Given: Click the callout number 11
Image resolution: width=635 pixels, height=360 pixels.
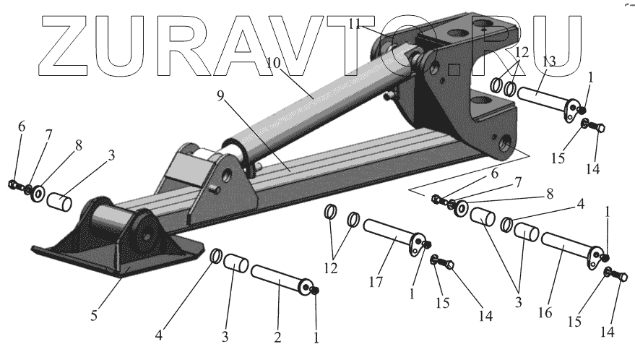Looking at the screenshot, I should [355, 24].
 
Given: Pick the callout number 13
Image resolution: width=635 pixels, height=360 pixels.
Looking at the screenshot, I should [548, 60].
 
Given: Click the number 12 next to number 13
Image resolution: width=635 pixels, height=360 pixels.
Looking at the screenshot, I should [522, 53].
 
